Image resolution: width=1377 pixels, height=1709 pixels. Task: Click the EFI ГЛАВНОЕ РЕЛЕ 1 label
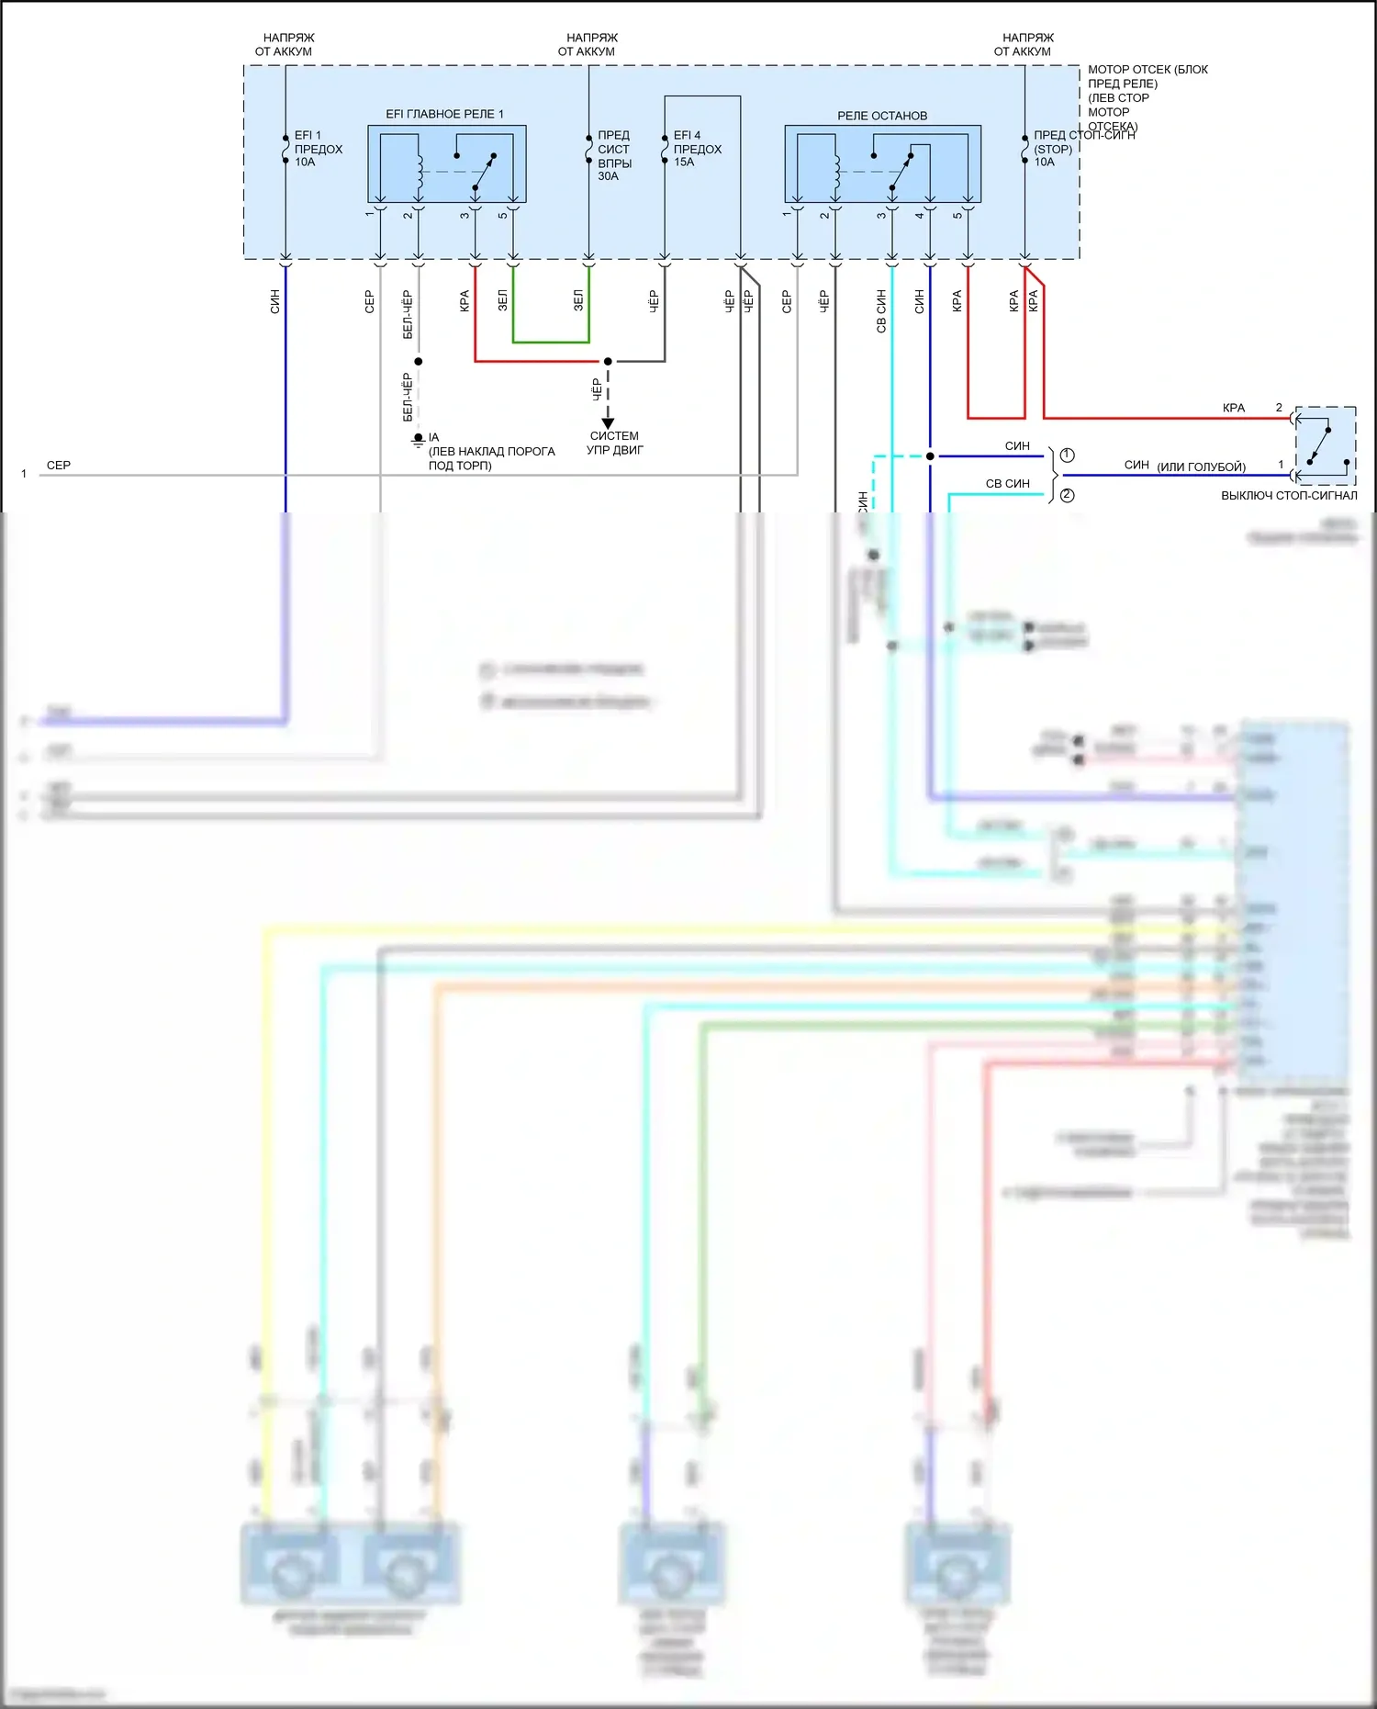pyautogui.click(x=444, y=114)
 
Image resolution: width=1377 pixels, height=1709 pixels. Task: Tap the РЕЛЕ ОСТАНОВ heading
pyautogui.click(x=881, y=116)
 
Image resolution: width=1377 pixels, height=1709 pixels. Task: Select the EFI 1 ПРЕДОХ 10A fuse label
pyautogui.click(x=317, y=149)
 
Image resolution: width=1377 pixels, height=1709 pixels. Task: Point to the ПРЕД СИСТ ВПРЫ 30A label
pyautogui.click(x=614, y=155)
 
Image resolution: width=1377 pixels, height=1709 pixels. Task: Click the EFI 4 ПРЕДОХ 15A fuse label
pyautogui.click(x=697, y=149)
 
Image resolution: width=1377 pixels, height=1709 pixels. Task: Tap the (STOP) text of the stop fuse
pyautogui.click(x=1052, y=149)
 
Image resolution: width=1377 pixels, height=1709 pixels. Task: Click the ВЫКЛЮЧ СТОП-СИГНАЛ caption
pyautogui.click(x=1288, y=495)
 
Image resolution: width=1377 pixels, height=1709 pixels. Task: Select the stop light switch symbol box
pyautogui.click(x=1325, y=445)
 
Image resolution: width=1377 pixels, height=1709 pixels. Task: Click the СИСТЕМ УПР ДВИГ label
pyautogui.click(x=614, y=443)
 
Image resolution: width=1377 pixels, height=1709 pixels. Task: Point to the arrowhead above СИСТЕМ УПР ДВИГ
pyautogui.click(x=608, y=423)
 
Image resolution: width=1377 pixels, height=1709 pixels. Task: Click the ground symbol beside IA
pyautogui.click(x=418, y=441)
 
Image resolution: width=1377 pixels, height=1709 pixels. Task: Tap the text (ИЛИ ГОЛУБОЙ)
pyautogui.click(x=1201, y=467)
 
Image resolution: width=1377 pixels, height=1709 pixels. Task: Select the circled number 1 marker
pyautogui.click(x=1067, y=455)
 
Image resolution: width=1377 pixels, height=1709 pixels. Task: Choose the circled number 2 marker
pyautogui.click(x=1067, y=495)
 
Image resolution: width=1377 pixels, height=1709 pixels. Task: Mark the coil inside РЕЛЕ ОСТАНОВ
pyautogui.click(x=836, y=172)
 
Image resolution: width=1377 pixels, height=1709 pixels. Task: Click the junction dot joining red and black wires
pyautogui.click(x=608, y=361)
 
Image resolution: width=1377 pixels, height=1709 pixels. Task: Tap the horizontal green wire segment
pyautogui.click(x=551, y=342)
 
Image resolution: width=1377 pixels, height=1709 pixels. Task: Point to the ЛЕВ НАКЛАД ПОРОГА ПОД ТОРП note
pyautogui.click(x=491, y=458)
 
